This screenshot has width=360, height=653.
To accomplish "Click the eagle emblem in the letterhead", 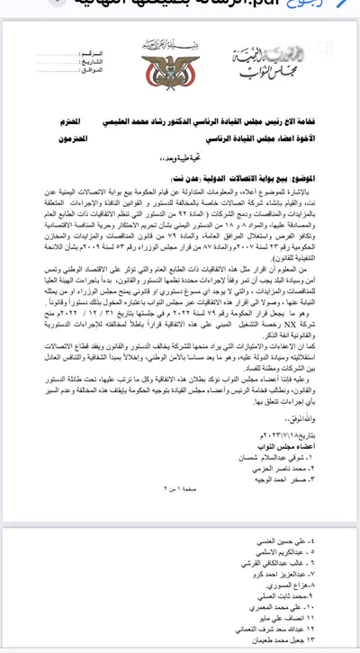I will (x=164, y=71).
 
